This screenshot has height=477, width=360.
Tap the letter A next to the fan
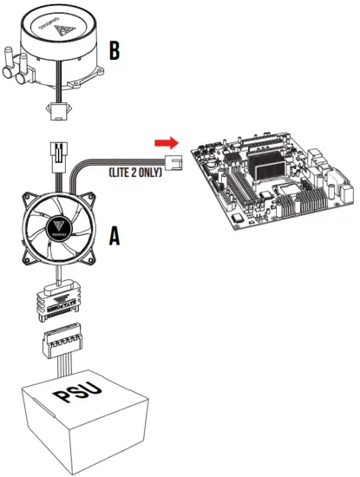[113, 234]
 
